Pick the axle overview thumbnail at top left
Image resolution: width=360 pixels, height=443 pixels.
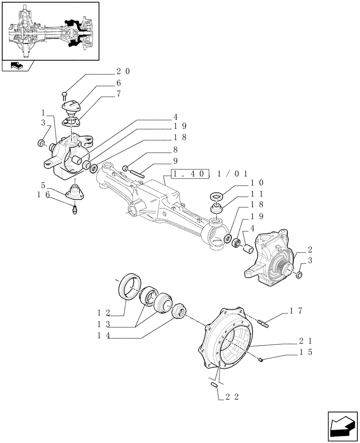50,31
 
